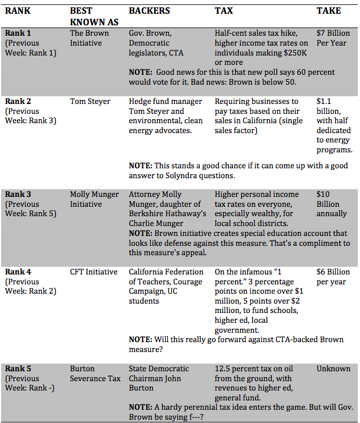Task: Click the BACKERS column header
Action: point(149,10)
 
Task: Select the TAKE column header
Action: point(329,10)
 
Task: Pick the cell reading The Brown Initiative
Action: point(89,38)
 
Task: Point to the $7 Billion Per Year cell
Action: point(333,38)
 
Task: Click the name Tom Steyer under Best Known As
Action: point(90,101)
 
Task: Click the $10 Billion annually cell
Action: point(332,204)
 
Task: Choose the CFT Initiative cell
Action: point(94,272)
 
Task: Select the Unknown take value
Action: point(333,369)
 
